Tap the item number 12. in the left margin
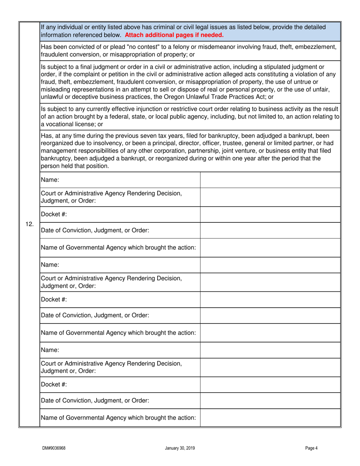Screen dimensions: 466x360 (x=30, y=224)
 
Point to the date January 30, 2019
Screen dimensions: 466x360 (x=180, y=448)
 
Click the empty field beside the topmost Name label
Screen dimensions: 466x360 (x=270, y=179)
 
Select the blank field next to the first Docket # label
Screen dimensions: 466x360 (x=270, y=214)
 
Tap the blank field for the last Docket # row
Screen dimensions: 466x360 (x=270, y=384)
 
